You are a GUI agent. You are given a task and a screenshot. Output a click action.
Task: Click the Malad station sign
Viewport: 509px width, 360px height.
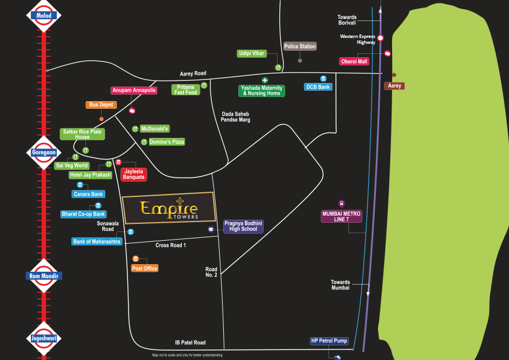[x=44, y=16]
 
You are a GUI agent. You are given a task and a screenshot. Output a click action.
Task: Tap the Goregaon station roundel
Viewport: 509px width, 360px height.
[x=44, y=152]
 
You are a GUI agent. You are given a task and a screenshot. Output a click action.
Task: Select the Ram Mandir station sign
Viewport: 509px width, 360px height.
[x=44, y=276]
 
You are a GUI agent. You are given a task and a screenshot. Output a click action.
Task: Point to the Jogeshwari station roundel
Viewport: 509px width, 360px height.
[x=44, y=338]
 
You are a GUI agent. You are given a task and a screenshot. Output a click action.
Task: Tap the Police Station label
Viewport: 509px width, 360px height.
[x=300, y=46]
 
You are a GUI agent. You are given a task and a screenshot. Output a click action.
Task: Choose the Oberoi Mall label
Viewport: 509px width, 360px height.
[x=354, y=61]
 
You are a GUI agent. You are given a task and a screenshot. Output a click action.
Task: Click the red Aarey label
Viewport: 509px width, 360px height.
[x=394, y=86]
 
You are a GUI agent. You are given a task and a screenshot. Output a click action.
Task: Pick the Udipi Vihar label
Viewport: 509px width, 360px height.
[x=252, y=54]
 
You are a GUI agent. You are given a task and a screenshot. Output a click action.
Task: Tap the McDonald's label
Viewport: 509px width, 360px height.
[x=155, y=129]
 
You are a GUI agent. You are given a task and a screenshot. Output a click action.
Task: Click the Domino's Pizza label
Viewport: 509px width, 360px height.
[x=167, y=142]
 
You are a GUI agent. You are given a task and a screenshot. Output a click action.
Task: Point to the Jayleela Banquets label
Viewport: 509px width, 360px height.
[x=134, y=174]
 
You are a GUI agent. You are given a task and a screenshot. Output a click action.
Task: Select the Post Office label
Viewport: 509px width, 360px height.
[x=145, y=268]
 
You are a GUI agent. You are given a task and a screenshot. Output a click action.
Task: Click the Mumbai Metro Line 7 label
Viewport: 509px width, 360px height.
[x=342, y=216]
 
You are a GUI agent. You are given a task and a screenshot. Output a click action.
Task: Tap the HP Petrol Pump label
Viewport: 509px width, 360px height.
[x=329, y=341]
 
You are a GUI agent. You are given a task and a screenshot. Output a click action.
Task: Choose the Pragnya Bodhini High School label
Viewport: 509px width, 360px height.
[x=244, y=226]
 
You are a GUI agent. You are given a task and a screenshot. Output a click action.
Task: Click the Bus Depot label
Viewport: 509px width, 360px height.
[x=102, y=105]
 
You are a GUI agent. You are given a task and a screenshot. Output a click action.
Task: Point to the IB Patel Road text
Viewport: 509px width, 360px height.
[x=191, y=342]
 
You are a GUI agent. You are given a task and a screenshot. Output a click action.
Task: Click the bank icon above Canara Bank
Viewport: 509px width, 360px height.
[x=80, y=185]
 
